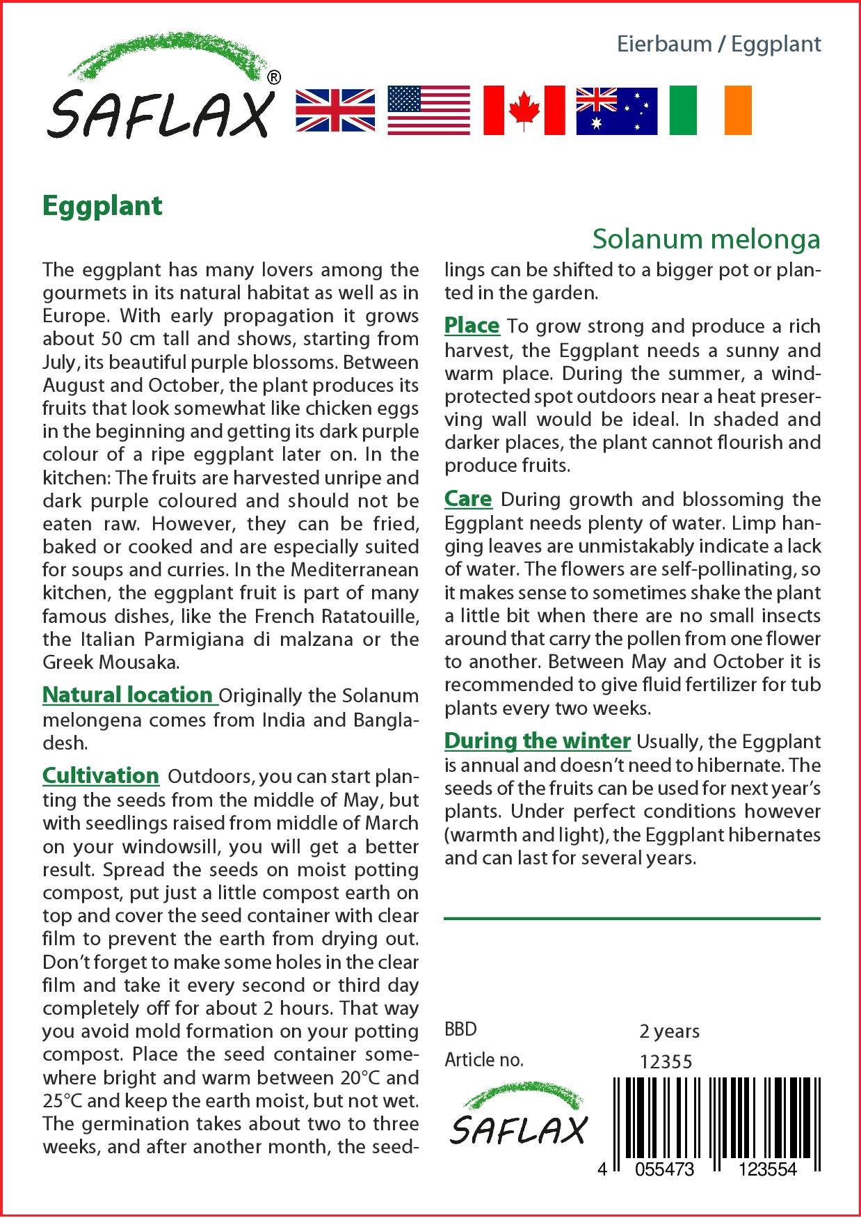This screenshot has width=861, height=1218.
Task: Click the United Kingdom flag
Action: tap(335, 111)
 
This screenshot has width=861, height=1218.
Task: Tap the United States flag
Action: tap(428, 111)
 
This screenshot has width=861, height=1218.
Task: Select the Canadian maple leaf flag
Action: tap(524, 111)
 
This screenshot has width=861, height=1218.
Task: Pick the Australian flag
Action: tap(616, 111)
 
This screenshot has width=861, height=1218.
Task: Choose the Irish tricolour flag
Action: tap(710, 111)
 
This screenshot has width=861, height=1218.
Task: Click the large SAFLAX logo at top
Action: tap(161, 90)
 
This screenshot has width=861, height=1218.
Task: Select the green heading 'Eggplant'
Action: tap(102, 206)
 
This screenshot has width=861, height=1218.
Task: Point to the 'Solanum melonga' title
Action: tap(706, 239)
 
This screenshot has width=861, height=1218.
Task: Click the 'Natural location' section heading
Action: tap(128, 695)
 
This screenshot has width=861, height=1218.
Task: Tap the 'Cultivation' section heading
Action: tap(101, 775)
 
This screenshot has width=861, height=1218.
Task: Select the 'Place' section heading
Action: tap(472, 325)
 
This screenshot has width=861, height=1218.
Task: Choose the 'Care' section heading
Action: tap(468, 498)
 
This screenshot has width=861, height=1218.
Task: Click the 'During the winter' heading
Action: tap(537, 741)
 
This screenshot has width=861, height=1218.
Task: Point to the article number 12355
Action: tap(666, 1061)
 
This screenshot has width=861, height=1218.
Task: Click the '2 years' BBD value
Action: tap(669, 1031)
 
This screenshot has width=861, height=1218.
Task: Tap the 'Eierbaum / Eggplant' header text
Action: tap(718, 45)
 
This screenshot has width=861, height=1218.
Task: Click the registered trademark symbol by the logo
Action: tap(274, 78)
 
